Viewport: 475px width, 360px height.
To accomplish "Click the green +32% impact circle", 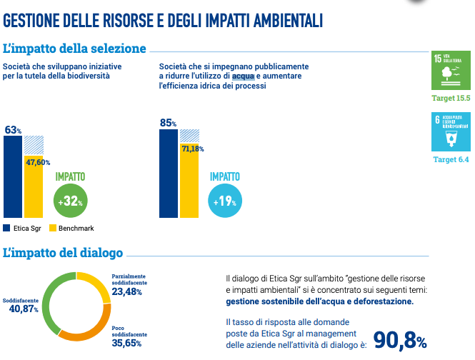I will [x=70, y=202].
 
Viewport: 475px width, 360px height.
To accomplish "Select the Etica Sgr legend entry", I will [x=24, y=229].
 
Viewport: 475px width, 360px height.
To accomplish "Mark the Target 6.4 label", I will [x=451, y=159].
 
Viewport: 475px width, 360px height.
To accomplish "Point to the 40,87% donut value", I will [x=24, y=309].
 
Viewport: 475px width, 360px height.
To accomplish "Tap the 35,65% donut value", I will [x=126, y=342].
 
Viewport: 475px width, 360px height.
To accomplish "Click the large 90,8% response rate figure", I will [x=400, y=341].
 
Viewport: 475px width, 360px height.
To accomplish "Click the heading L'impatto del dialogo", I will [x=63, y=253].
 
